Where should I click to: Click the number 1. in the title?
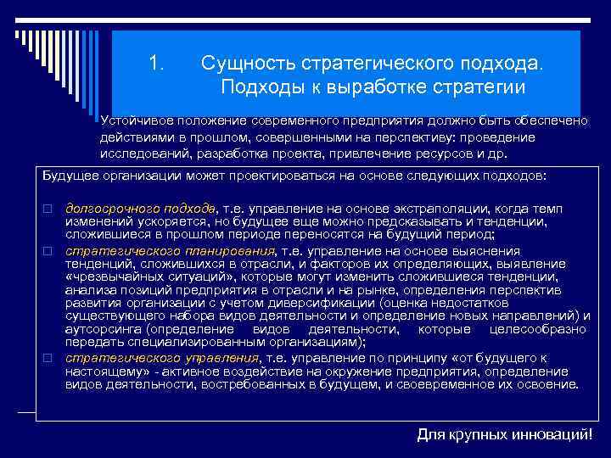pyautogui.click(x=155, y=64)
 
